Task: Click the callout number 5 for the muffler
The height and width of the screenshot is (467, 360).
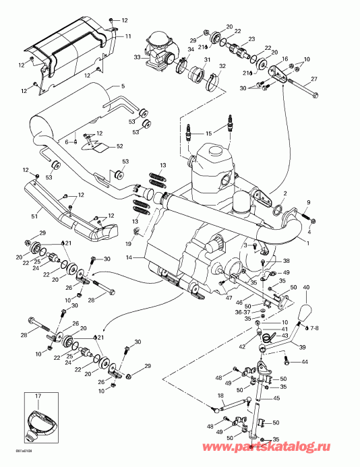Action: click(x=123, y=86)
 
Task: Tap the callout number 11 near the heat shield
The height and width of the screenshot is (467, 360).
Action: click(x=129, y=36)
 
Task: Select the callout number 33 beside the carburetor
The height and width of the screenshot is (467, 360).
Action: click(x=138, y=59)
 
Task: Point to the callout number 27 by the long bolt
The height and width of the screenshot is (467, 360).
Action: click(x=313, y=80)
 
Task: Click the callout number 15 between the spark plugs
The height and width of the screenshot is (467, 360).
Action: click(x=209, y=133)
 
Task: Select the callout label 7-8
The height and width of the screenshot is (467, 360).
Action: click(x=316, y=328)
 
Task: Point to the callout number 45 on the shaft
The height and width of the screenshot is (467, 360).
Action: click(x=276, y=398)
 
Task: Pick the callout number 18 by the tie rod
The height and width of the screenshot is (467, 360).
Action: click(x=220, y=396)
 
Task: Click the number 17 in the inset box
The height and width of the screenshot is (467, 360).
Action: click(x=38, y=396)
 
